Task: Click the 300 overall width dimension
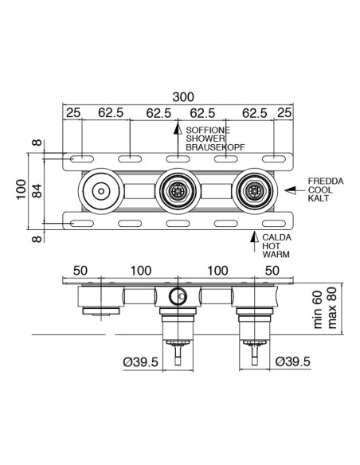[x=183, y=96]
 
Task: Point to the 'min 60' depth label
[x=317, y=310]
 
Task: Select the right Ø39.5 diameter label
[x=293, y=362]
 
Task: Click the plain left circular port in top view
[x=101, y=191]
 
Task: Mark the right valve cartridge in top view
[x=254, y=191]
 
